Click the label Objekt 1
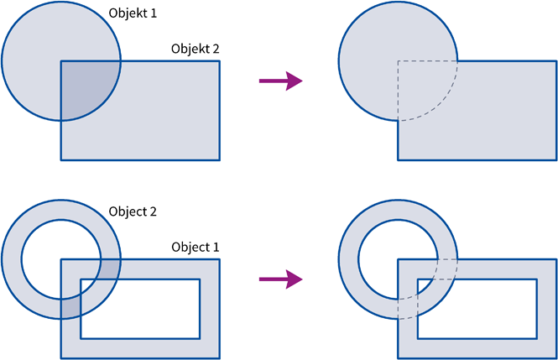pyautogui.click(x=133, y=13)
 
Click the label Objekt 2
pyautogui.click(x=195, y=49)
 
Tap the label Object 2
pyautogui.click(x=133, y=211)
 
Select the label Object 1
pyautogui.click(x=195, y=248)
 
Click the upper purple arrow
pyautogui.click(x=281, y=81)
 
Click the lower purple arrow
pyautogui.click(x=281, y=279)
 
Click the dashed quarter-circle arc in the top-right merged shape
pyautogui.click(x=441, y=103)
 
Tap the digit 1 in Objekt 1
pyautogui.click(x=153, y=13)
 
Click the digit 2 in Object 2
pyautogui.click(x=153, y=211)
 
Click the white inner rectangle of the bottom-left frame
pyautogui.click(x=140, y=309)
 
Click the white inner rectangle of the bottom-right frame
pyautogui.click(x=477, y=309)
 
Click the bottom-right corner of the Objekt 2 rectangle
pyautogui.click(x=220, y=160)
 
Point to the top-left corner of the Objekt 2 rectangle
pyautogui.click(x=61, y=60)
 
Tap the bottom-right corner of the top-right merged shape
pyautogui.click(x=556, y=160)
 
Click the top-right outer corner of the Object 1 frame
pyautogui.click(x=220, y=259)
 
